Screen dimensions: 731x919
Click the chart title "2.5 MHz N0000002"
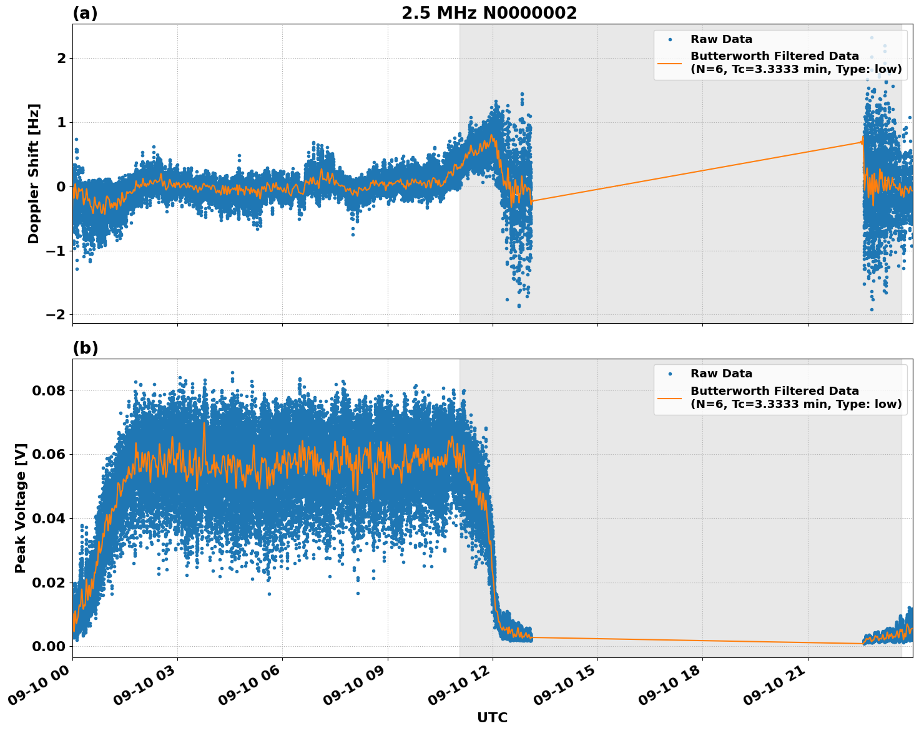click(489, 13)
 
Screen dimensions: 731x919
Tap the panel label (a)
click(85, 13)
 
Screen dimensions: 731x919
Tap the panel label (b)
click(85, 348)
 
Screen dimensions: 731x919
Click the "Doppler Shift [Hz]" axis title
click(34, 173)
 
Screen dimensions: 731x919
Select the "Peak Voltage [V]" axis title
click(21, 508)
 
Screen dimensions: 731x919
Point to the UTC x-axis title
click(492, 717)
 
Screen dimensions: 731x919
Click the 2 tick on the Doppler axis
click(61, 59)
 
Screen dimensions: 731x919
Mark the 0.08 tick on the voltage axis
click(48, 391)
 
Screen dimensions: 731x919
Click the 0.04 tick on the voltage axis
click(48, 519)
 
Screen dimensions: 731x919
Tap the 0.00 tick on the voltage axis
click(48, 646)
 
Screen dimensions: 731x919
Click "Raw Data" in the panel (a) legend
click(721, 39)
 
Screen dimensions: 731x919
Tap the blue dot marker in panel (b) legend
click(670, 374)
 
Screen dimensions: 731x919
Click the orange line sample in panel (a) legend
click(670, 62)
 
